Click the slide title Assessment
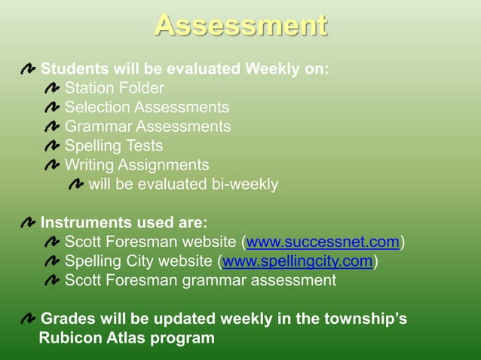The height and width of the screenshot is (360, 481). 240,26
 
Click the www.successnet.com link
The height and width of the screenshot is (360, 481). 323,243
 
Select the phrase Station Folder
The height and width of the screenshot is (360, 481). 115,89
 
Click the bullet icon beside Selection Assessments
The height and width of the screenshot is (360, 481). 52,108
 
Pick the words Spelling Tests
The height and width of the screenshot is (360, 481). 114,145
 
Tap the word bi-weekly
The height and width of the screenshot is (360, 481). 244,184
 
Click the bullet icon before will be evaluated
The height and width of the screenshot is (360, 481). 76,185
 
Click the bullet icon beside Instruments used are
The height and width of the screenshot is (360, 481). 28,224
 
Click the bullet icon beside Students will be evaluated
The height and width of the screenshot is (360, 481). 28,70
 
